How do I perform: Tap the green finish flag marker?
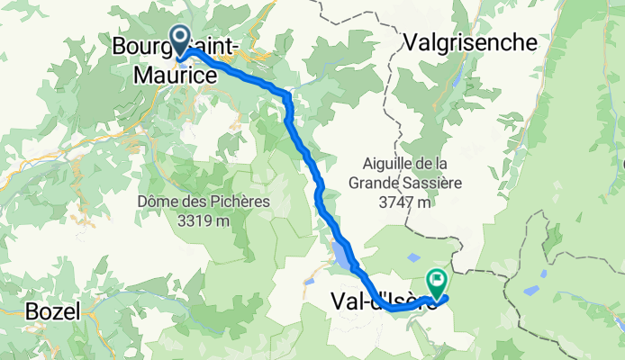pos(439,282)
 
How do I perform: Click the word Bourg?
pos(140,45)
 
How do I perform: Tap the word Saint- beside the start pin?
pos(217,45)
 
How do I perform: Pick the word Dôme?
pos(158,201)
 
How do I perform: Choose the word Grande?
pos(371,183)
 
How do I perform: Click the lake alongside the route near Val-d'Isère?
pos(342,255)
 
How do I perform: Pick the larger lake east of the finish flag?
pos(530,291)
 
